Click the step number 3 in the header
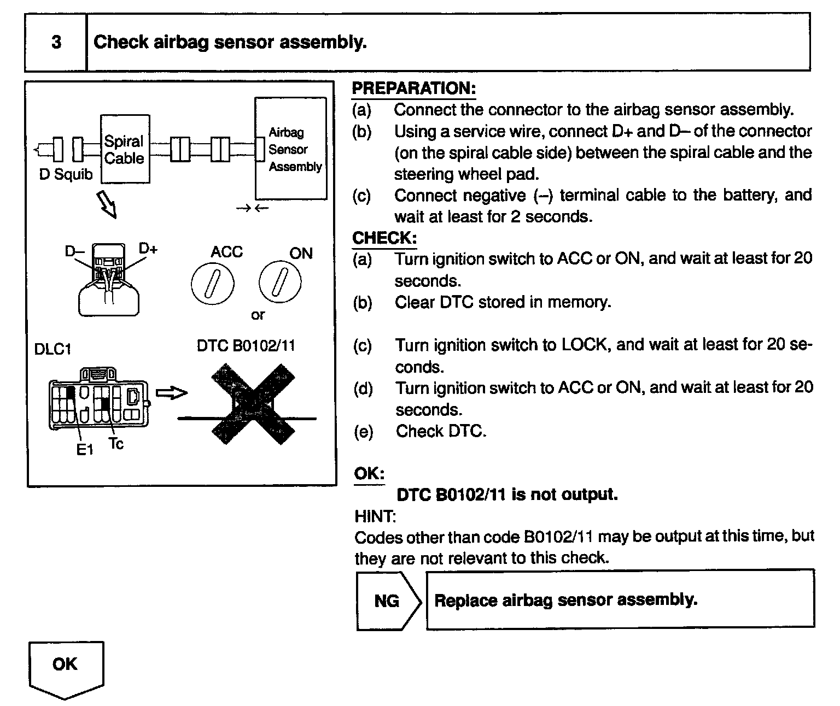pyautogui.click(x=56, y=43)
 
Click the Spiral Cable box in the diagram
pyautogui.click(x=125, y=149)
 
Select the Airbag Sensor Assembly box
pyautogui.click(x=291, y=149)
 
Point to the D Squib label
pyautogui.click(x=66, y=175)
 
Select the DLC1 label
pyautogui.click(x=52, y=349)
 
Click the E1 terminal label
pyautogui.click(x=85, y=450)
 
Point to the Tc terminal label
pyautogui.click(x=116, y=443)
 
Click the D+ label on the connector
pyautogui.click(x=148, y=249)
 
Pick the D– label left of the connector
pyautogui.click(x=74, y=251)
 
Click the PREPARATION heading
pyautogui.click(x=413, y=88)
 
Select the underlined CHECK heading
pyautogui.click(x=384, y=238)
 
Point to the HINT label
pyautogui.click(x=375, y=516)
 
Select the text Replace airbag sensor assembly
pyautogui.click(x=565, y=600)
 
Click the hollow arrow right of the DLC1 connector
pyautogui.click(x=171, y=393)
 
